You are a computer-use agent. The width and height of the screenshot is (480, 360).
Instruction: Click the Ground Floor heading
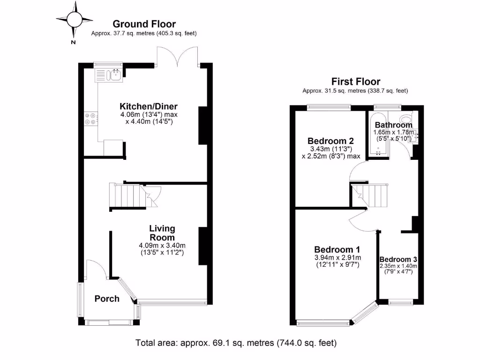[x=144, y=24]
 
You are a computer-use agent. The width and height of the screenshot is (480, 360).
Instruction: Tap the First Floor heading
[x=355, y=82]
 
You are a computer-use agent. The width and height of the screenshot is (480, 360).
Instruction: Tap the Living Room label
[x=162, y=233]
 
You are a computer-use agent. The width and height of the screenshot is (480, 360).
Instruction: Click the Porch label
[x=107, y=299]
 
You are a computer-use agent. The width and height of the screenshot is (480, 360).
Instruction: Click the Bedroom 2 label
[x=330, y=141]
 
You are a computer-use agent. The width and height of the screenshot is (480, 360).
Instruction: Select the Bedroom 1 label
[x=337, y=249]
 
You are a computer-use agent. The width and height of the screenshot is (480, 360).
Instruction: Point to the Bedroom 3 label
[x=398, y=259]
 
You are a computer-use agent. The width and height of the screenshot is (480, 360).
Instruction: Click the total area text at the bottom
[x=236, y=343]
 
